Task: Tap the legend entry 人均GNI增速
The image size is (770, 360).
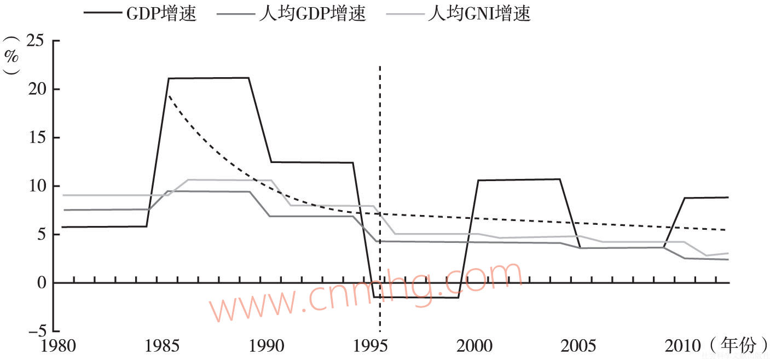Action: [479, 14]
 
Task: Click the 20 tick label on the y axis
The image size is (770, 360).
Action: [37, 89]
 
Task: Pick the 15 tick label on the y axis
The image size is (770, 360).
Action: [37, 138]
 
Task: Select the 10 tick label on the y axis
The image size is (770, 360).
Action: [37, 186]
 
